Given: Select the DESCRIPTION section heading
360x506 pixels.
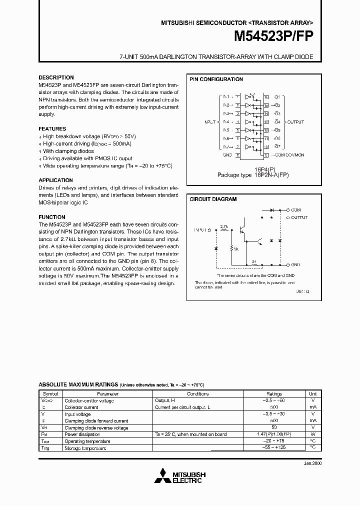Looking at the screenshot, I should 56,78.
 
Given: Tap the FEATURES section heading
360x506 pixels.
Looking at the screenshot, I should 52,128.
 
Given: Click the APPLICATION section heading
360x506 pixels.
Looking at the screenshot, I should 55,180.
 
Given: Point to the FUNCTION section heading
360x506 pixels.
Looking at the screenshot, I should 52,217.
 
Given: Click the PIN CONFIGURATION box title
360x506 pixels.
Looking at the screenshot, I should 216,79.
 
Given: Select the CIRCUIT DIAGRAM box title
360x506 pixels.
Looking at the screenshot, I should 213,199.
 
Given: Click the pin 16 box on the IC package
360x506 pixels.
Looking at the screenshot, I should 266,97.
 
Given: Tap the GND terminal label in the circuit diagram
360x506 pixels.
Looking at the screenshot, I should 295,264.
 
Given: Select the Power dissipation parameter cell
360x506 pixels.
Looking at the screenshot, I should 82,434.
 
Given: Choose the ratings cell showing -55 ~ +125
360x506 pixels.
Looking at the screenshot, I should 274,448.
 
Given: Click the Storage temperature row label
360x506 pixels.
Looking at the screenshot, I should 85,448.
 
